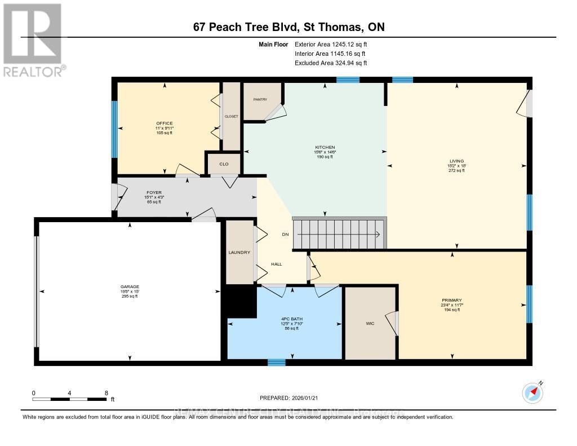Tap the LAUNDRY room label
[239, 253]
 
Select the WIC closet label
[370, 324]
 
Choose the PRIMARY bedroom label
[452, 300]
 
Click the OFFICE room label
[165, 123]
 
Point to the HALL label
[276, 264]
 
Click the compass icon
[532, 392]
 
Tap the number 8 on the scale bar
[106, 392]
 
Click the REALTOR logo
[33, 39]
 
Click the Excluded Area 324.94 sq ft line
[330, 63]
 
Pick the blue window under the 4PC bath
[276, 363]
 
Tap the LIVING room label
[456, 161]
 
